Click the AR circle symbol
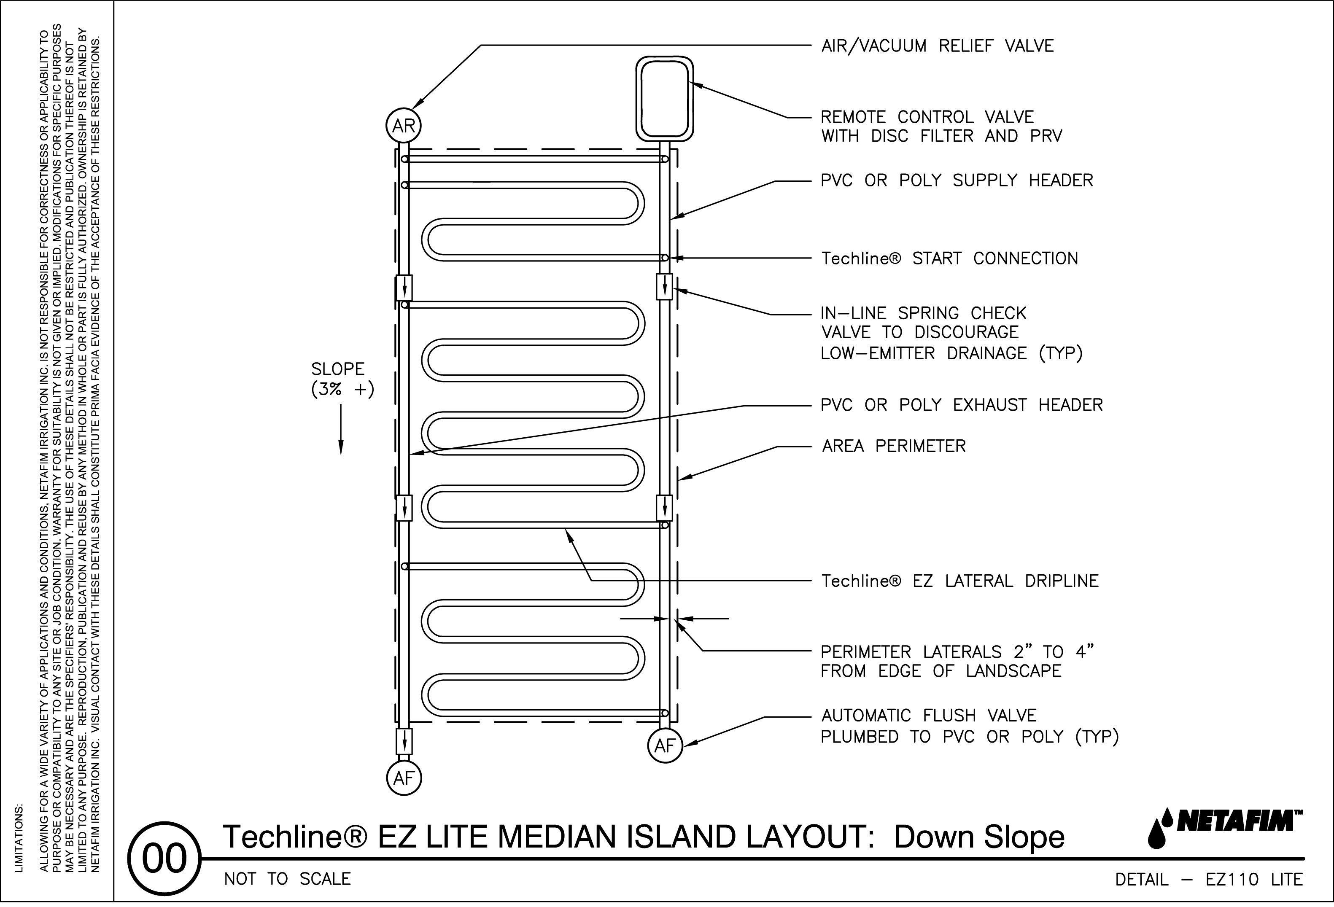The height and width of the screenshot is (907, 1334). point(404,126)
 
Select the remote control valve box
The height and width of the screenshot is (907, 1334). point(665,98)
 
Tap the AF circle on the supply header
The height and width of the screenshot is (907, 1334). point(665,745)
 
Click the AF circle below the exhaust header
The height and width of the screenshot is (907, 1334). point(404,778)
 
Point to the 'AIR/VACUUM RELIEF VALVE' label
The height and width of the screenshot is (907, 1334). point(938,46)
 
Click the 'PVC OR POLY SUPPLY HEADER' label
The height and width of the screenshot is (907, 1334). point(956,180)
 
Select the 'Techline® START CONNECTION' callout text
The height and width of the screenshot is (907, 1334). point(949,258)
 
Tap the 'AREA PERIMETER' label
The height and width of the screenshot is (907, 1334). point(894,446)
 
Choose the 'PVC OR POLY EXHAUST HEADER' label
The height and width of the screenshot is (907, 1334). point(962,405)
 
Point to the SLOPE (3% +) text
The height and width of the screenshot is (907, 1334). point(342,379)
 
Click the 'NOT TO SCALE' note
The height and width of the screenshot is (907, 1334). point(287,879)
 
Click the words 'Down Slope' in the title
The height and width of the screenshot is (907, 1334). point(979,837)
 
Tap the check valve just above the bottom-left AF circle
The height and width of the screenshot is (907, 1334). point(405,741)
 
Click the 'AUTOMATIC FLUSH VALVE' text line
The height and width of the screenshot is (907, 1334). point(929,716)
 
